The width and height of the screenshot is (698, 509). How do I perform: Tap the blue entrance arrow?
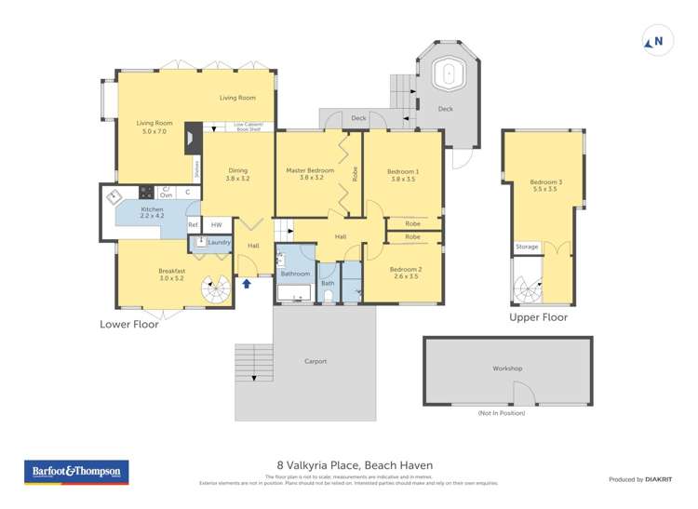247,283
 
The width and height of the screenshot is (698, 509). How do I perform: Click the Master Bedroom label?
310,170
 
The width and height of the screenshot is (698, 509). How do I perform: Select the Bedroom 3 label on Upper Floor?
543,181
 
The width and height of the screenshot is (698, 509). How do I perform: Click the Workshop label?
507,368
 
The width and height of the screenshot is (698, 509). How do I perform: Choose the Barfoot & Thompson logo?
76,473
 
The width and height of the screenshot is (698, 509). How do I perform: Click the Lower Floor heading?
129,324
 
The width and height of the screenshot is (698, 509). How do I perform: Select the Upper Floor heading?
538,317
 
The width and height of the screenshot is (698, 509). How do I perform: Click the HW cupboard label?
216,224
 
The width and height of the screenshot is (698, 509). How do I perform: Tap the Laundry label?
219,242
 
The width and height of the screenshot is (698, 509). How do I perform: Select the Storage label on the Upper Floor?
527,247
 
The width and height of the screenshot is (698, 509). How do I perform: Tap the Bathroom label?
295,274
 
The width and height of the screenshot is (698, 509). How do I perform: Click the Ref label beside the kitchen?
193,224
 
